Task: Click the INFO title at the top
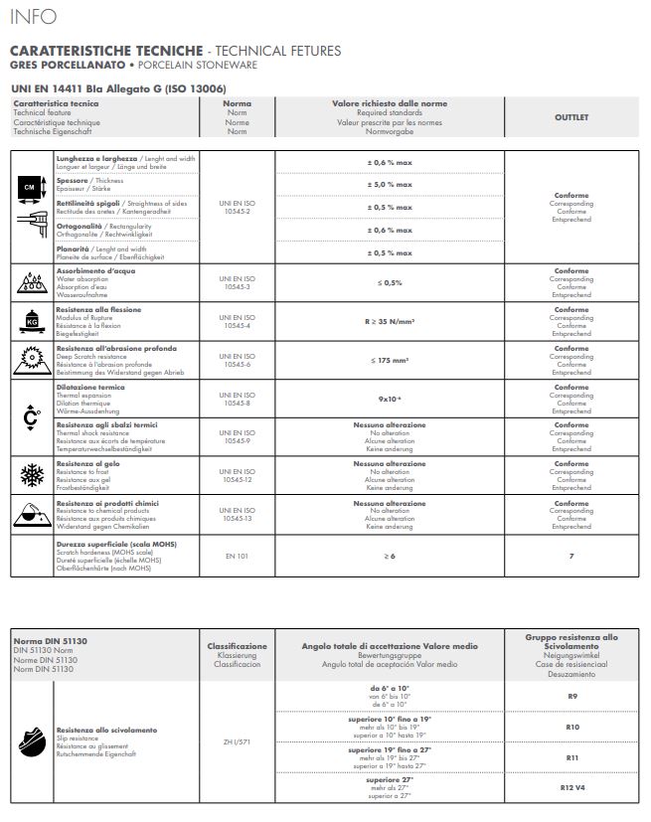(33, 17)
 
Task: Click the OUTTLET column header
(570, 117)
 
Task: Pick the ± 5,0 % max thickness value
(389, 184)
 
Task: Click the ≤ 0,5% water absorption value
(389, 282)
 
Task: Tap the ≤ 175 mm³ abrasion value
(389, 360)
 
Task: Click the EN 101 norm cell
(238, 556)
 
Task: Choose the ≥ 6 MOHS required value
(389, 556)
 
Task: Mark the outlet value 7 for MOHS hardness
(570, 556)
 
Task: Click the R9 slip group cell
(570, 697)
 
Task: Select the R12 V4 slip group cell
(570, 786)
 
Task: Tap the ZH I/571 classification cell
(238, 740)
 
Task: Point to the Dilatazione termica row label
(90, 387)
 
